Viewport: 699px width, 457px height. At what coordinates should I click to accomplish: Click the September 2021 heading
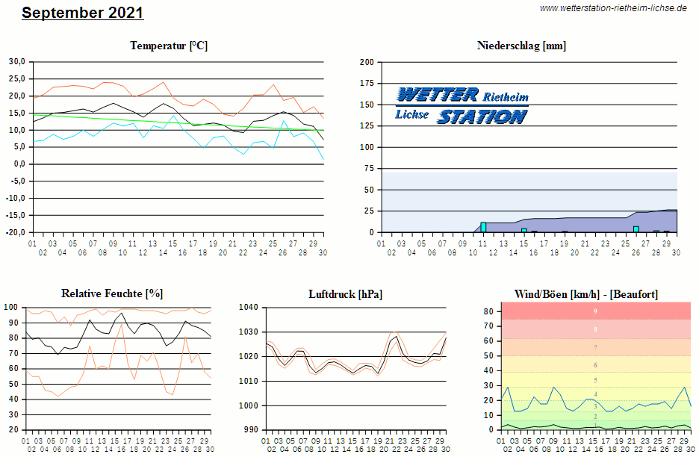82,13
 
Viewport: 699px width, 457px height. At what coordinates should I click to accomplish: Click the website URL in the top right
613,8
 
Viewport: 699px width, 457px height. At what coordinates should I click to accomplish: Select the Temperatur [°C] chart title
169,46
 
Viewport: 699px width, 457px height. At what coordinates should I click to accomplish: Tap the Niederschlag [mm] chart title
521,46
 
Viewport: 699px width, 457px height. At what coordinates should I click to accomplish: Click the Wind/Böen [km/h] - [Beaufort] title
586,294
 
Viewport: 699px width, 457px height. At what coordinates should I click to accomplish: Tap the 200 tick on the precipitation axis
367,62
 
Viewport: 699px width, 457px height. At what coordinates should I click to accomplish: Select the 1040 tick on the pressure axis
249,307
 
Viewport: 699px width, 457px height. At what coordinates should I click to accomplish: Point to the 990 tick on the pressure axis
251,430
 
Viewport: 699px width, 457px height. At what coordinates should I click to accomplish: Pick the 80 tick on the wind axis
490,311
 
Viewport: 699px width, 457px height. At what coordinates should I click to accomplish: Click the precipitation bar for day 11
483,227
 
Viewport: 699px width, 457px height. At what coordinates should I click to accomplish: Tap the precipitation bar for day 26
636,229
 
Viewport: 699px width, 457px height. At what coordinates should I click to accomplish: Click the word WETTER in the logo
438,95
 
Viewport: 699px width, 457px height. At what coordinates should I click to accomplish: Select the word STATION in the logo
482,116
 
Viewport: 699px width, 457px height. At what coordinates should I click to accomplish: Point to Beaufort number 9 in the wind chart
595,311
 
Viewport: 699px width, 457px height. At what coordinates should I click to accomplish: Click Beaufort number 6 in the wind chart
595,365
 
